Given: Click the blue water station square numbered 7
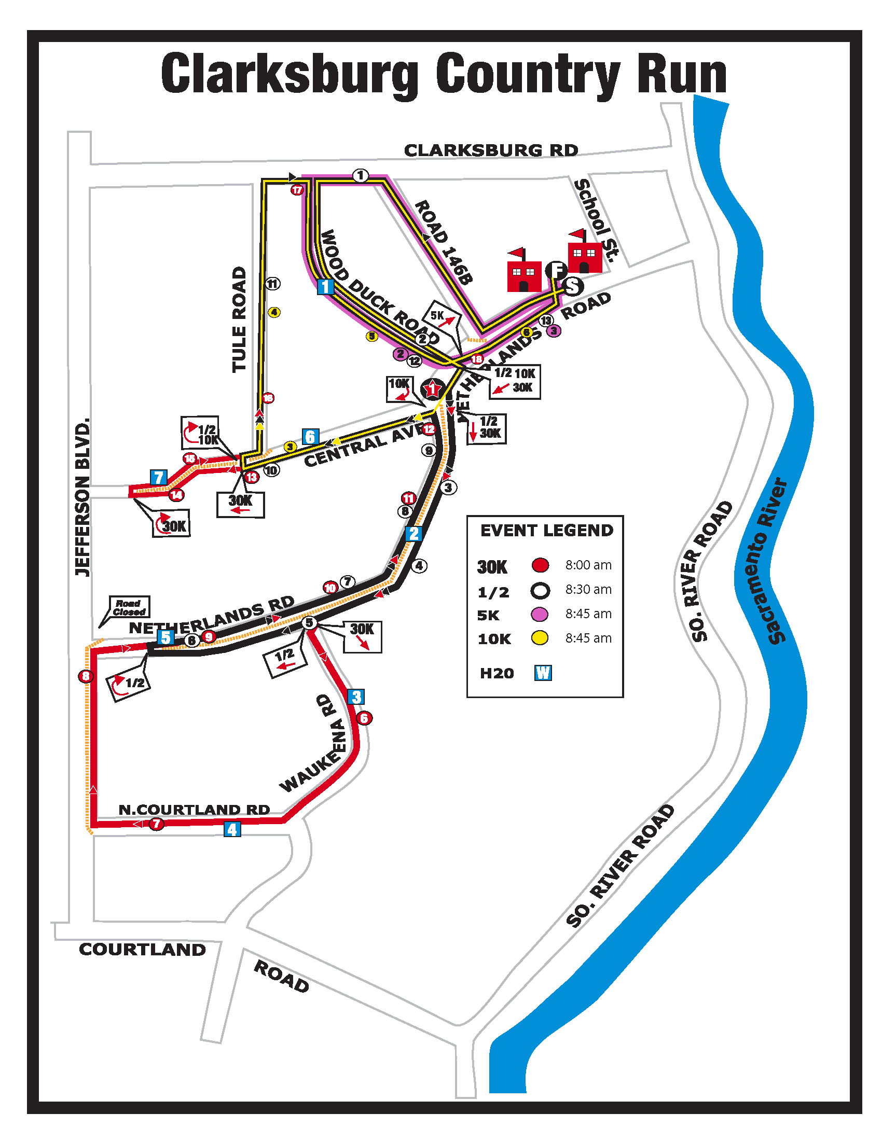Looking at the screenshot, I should click(158, 478).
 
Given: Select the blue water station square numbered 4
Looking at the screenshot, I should click(232, 829).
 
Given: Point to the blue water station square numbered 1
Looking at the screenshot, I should click(325, 286).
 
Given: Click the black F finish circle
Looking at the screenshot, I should click(556, 270).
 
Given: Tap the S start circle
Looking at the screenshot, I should click(573, 286).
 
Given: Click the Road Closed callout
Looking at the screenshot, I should click(129, 607).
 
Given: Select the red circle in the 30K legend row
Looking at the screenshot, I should click(540, 565).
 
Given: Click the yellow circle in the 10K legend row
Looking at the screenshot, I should click(540, 638).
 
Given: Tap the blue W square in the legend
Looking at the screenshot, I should click(543, 672).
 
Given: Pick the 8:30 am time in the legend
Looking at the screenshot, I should click(588, 589).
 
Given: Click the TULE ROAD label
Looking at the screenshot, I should click(239, 319).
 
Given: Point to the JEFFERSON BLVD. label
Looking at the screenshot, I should click(82, 497).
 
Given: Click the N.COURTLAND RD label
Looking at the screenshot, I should click(194, 809).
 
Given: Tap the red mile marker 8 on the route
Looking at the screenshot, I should click(85, 676).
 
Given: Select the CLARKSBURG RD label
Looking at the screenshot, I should click(491, 150).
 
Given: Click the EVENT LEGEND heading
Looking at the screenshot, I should click(546, 530).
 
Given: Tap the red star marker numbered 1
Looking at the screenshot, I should click(432, 389).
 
